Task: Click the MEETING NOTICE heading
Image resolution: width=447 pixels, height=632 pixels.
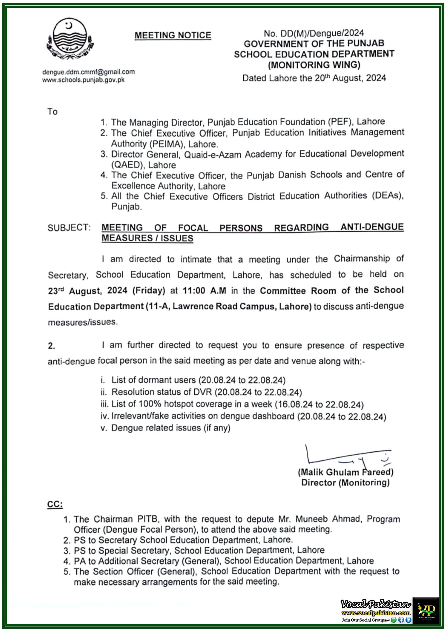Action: tap(173, 35)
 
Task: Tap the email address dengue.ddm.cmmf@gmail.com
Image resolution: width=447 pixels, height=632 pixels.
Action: tap(88, 72)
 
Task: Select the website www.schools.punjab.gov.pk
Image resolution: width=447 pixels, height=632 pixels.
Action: tap(83, 80)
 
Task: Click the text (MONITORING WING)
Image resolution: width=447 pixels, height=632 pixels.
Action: tap(314, 65)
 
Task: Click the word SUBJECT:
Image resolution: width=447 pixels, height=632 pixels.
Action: tap(69, 228)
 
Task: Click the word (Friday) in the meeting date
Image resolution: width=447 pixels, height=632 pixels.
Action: tap(149, 291)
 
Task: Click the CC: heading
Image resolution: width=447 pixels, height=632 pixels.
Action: tap(55, 504)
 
